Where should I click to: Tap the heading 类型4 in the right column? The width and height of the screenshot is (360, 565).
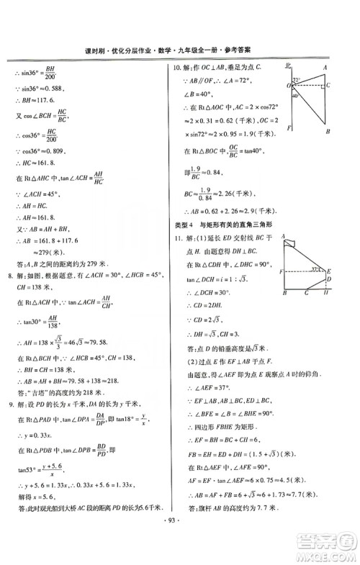point(177,224)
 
